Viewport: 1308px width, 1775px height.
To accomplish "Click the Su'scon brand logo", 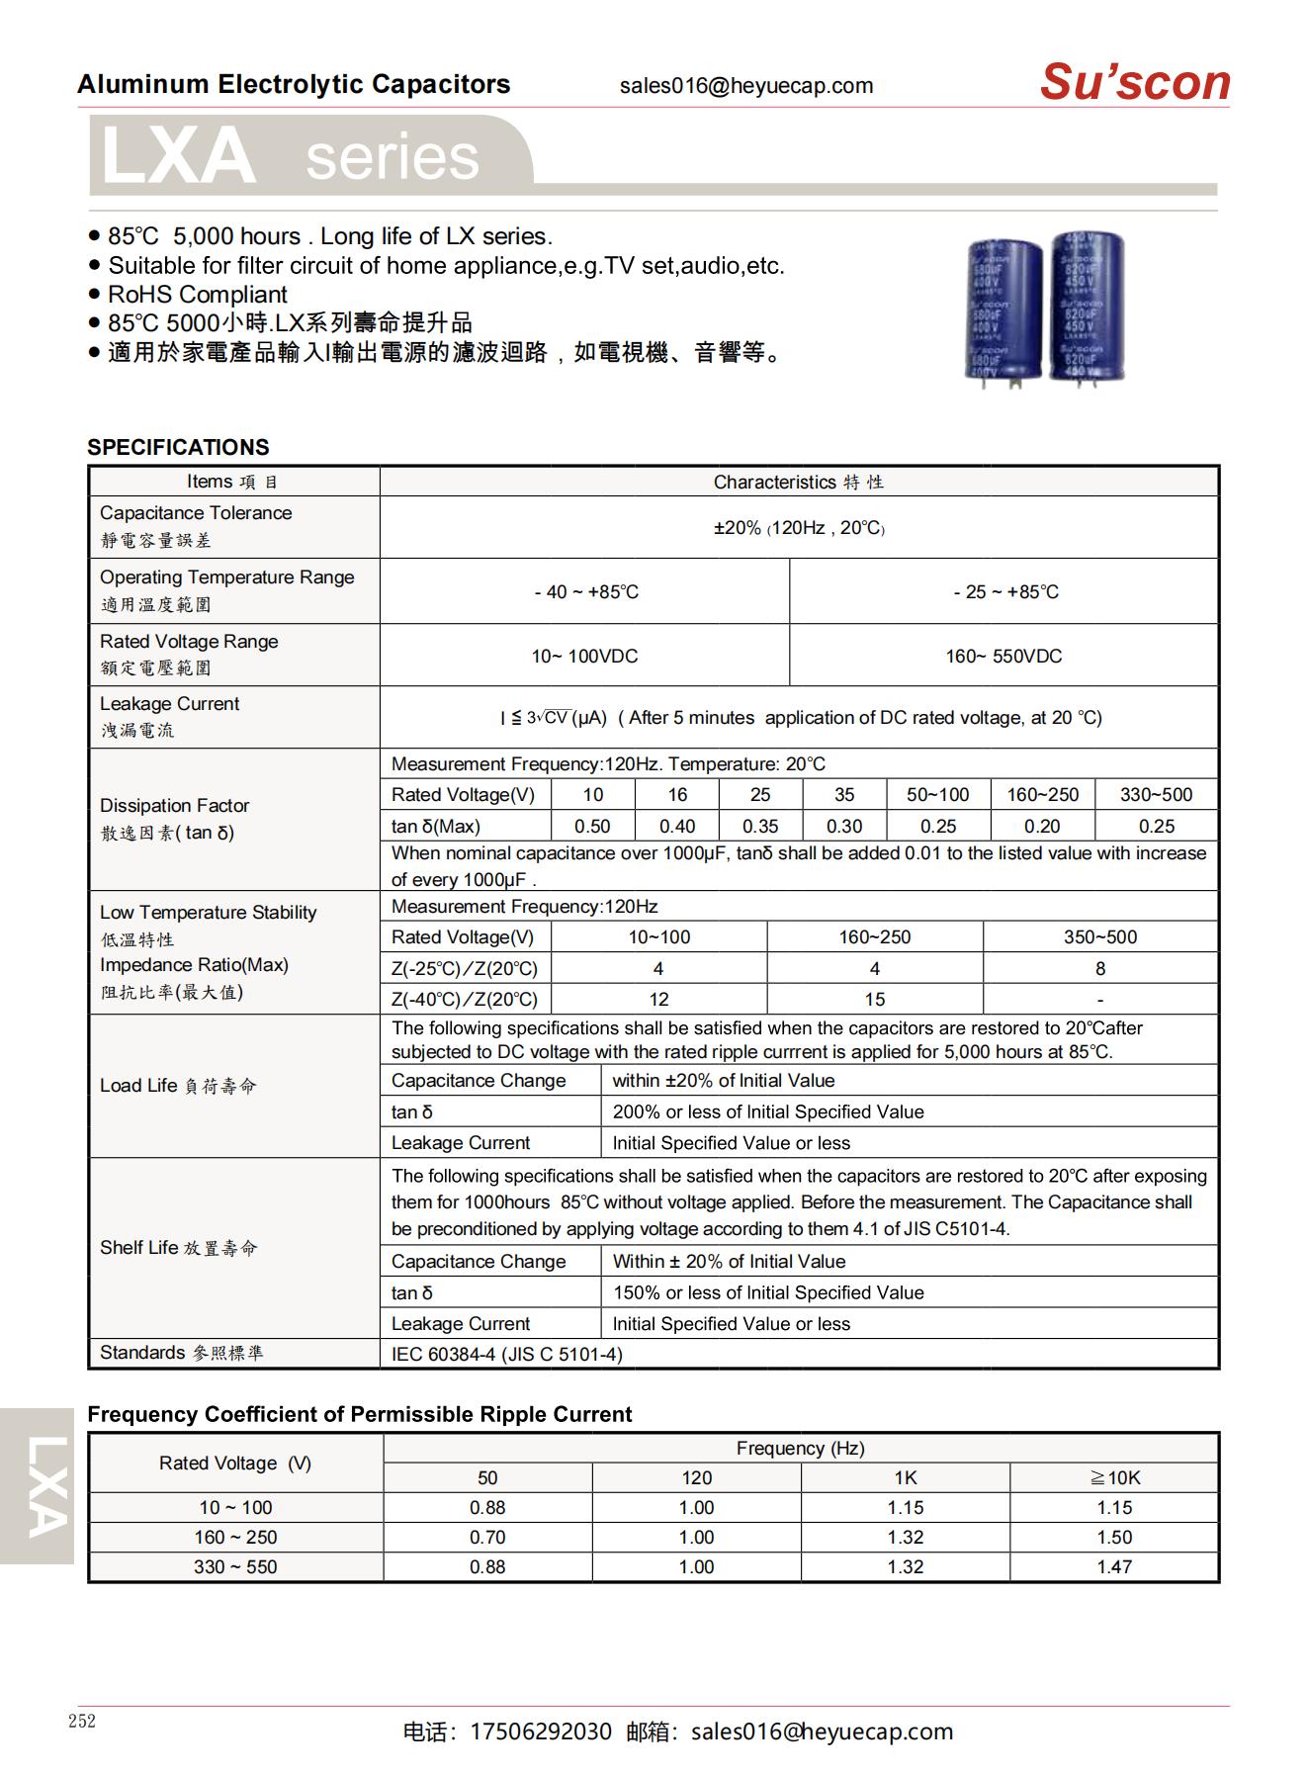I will point(1134,82).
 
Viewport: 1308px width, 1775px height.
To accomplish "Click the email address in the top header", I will point(746,86).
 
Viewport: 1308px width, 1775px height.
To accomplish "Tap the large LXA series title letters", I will point(179,157).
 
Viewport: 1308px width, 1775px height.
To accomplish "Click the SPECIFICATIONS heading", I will point(178,447).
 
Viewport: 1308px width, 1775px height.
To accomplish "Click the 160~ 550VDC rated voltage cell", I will point(1003,656).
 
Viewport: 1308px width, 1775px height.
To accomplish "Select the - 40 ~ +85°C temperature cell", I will point(585,591).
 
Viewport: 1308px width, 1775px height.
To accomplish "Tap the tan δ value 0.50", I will point(592,826).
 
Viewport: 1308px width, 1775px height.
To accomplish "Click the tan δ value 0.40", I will point(677,826).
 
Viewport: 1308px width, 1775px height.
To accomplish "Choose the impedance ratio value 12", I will point(658,999).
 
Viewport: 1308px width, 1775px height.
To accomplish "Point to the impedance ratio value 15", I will point(875,999).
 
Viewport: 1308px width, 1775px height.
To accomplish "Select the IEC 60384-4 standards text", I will point(507,1354).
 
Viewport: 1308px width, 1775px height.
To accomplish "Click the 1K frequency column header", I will point(905,1477).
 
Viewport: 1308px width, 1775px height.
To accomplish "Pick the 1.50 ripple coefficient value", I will point(1114,1537).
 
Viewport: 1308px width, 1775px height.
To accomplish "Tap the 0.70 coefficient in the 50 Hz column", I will point(487,1537).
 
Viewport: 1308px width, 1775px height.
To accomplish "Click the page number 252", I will point(82,1722).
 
